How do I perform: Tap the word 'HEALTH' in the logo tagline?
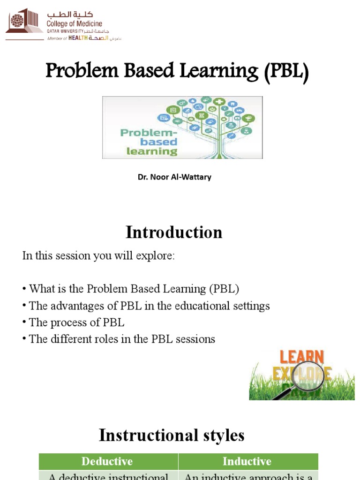[79, 38]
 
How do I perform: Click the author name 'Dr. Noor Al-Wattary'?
[174, 177]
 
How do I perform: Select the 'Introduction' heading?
[173, 232]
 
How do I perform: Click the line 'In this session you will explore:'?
[98, 256]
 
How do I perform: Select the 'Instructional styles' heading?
[172, 435]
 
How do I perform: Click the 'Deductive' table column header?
[107, 461]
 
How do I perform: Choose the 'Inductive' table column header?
[247, 461]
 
